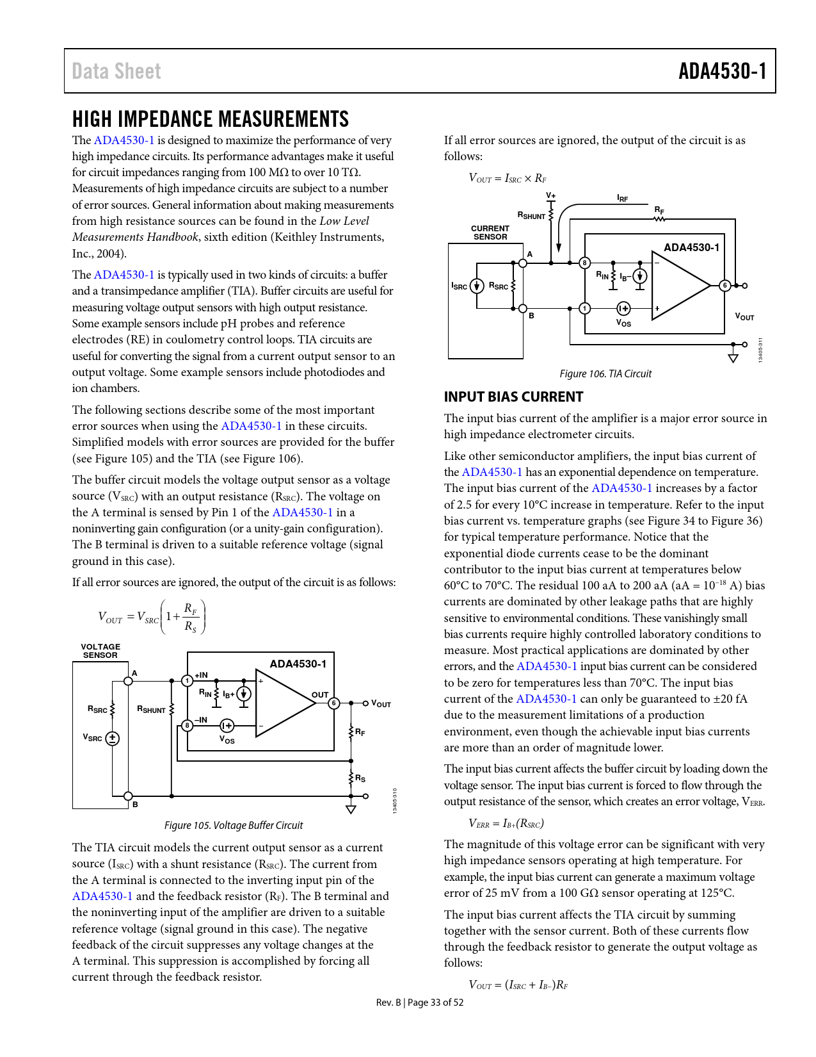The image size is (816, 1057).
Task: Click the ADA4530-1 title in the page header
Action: [722, 71]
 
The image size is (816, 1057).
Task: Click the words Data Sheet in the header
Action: [116, 71]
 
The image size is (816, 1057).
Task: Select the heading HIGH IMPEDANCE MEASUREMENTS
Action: [210, 119]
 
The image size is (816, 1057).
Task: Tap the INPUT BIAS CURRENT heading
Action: [513, 397]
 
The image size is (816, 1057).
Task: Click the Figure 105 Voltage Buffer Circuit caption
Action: [234, 825]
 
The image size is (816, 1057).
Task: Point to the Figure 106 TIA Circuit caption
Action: [605, 373]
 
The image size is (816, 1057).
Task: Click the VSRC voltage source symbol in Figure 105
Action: [113, 738]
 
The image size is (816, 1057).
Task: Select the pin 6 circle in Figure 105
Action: [333, 703]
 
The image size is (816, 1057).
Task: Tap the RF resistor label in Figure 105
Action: [360, 732]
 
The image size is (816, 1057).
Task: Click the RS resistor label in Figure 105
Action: [360, 778]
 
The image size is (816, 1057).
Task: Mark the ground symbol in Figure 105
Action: [351, 808]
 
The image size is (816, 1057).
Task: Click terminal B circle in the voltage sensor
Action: [129, 796]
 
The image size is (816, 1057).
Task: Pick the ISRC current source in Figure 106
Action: [476, 286]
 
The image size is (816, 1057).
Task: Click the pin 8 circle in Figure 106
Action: [584, 263]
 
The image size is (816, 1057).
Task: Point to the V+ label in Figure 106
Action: [550, 195]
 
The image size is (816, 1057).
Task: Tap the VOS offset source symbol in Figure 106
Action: [623, 309]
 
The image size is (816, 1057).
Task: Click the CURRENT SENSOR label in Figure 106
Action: [490, 233]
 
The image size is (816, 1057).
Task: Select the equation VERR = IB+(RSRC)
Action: [506, 823]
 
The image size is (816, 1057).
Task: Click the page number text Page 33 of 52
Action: [435, 1003]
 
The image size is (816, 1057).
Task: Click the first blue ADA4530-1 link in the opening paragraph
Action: [124, 140]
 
